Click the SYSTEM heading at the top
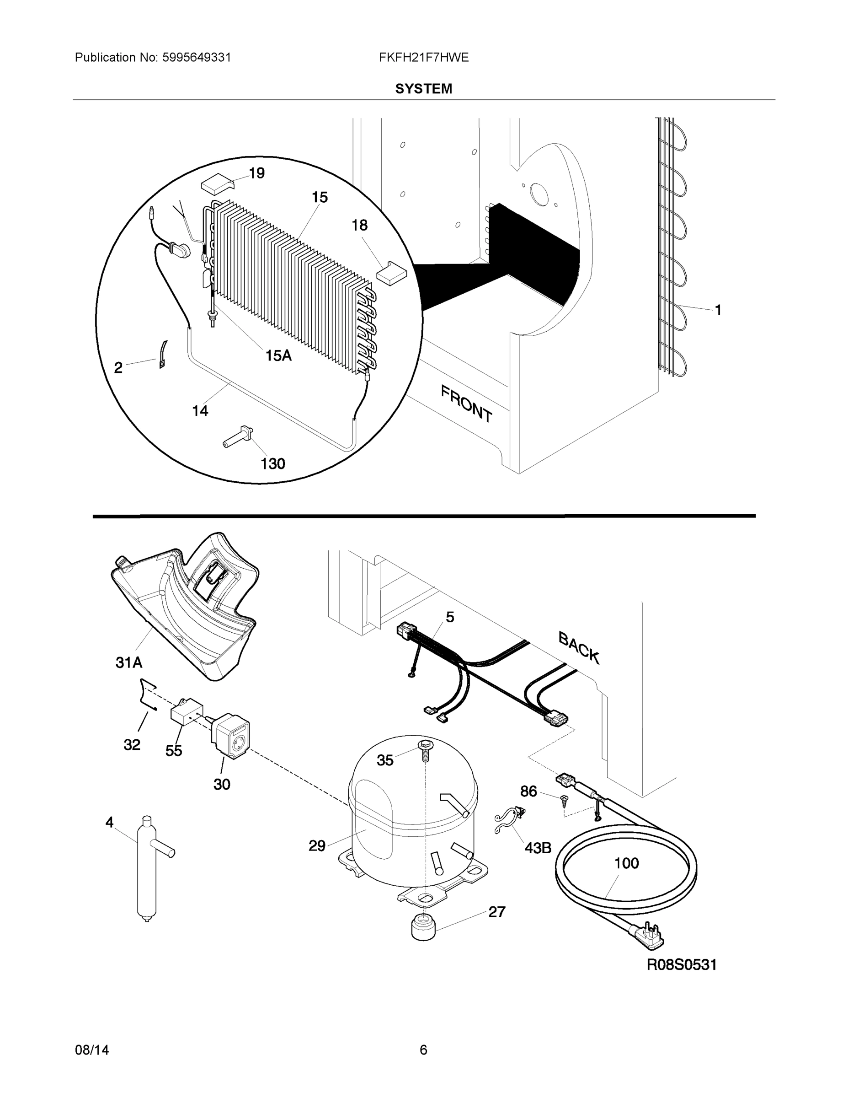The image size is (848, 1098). [x=423, y=89]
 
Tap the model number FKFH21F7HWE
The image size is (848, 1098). [x=423, y=57]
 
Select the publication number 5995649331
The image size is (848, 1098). [x=196, y=57]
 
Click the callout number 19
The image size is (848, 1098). [x=257, y=173]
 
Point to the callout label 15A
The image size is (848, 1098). [x=278, y=355]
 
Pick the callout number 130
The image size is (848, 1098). [x=273, y=463]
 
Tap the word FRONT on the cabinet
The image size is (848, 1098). [x=466, y=403]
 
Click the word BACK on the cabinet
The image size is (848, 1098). [x=579, y=648]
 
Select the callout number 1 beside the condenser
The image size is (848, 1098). [x=718, y=310]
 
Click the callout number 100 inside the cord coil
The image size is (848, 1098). [x=626, y=863]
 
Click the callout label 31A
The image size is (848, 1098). [x=129, y=662]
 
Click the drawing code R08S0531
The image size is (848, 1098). [x=681, y=964]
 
